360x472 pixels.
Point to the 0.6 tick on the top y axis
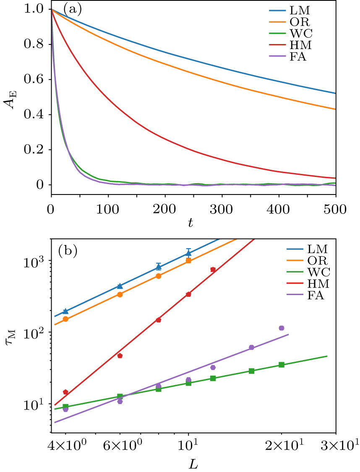click(37, 80)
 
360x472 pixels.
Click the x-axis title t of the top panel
click(191, 223)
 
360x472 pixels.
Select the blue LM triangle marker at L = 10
click(188, 253)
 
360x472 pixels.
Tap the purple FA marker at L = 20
click(282, 328)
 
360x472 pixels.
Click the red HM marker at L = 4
click(65, 392)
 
